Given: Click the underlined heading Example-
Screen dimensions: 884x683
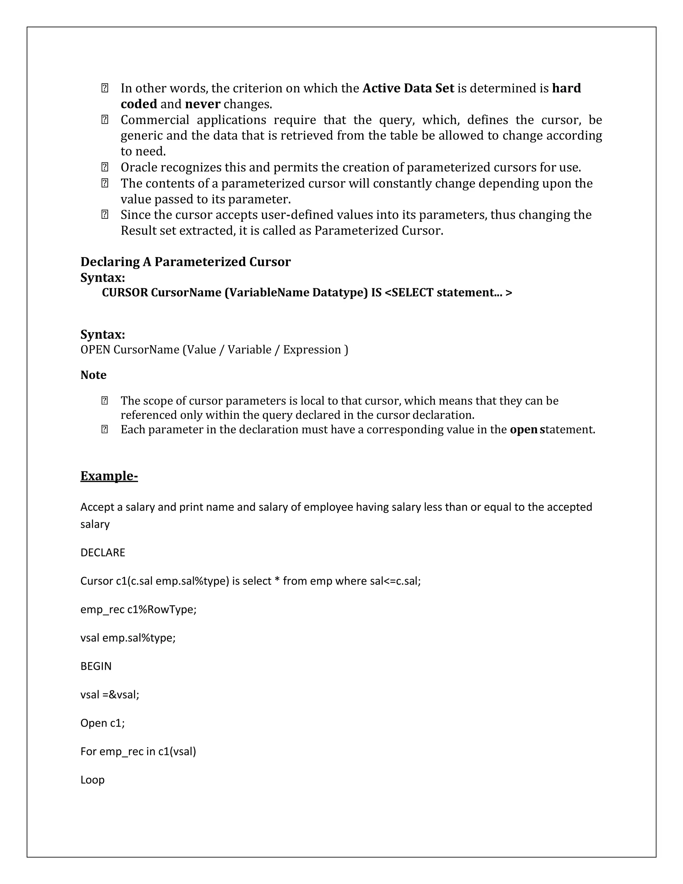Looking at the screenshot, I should [109, 476].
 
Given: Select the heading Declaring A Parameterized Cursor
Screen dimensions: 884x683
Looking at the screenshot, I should [185, 262].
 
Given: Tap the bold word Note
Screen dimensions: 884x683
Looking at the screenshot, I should [93, 375].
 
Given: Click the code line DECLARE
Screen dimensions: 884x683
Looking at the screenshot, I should [103, 552].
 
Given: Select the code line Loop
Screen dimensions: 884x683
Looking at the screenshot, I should [92, 780].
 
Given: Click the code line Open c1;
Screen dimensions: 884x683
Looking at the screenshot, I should [102, 723].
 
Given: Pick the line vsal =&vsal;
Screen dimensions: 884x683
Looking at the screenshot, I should [110, 695].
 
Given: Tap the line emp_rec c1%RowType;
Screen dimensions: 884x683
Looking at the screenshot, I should [138, 609].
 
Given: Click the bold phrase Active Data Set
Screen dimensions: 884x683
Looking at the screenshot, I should [408, 88].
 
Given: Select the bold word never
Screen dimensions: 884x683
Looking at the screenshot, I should [202, 104].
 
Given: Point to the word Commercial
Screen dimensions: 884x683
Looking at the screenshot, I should [154, 120].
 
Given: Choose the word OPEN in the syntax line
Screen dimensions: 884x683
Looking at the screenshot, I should [95, 350].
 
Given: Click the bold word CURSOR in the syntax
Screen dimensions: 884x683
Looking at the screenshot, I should [125, 293].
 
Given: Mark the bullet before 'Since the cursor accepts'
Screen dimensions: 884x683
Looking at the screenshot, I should [104, 214].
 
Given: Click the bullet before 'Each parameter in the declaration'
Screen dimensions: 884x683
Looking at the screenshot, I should [104, 429].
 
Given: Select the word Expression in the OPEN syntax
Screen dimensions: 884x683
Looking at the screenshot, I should [312, 350].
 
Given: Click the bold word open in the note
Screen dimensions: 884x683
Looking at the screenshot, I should [524, 429].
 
